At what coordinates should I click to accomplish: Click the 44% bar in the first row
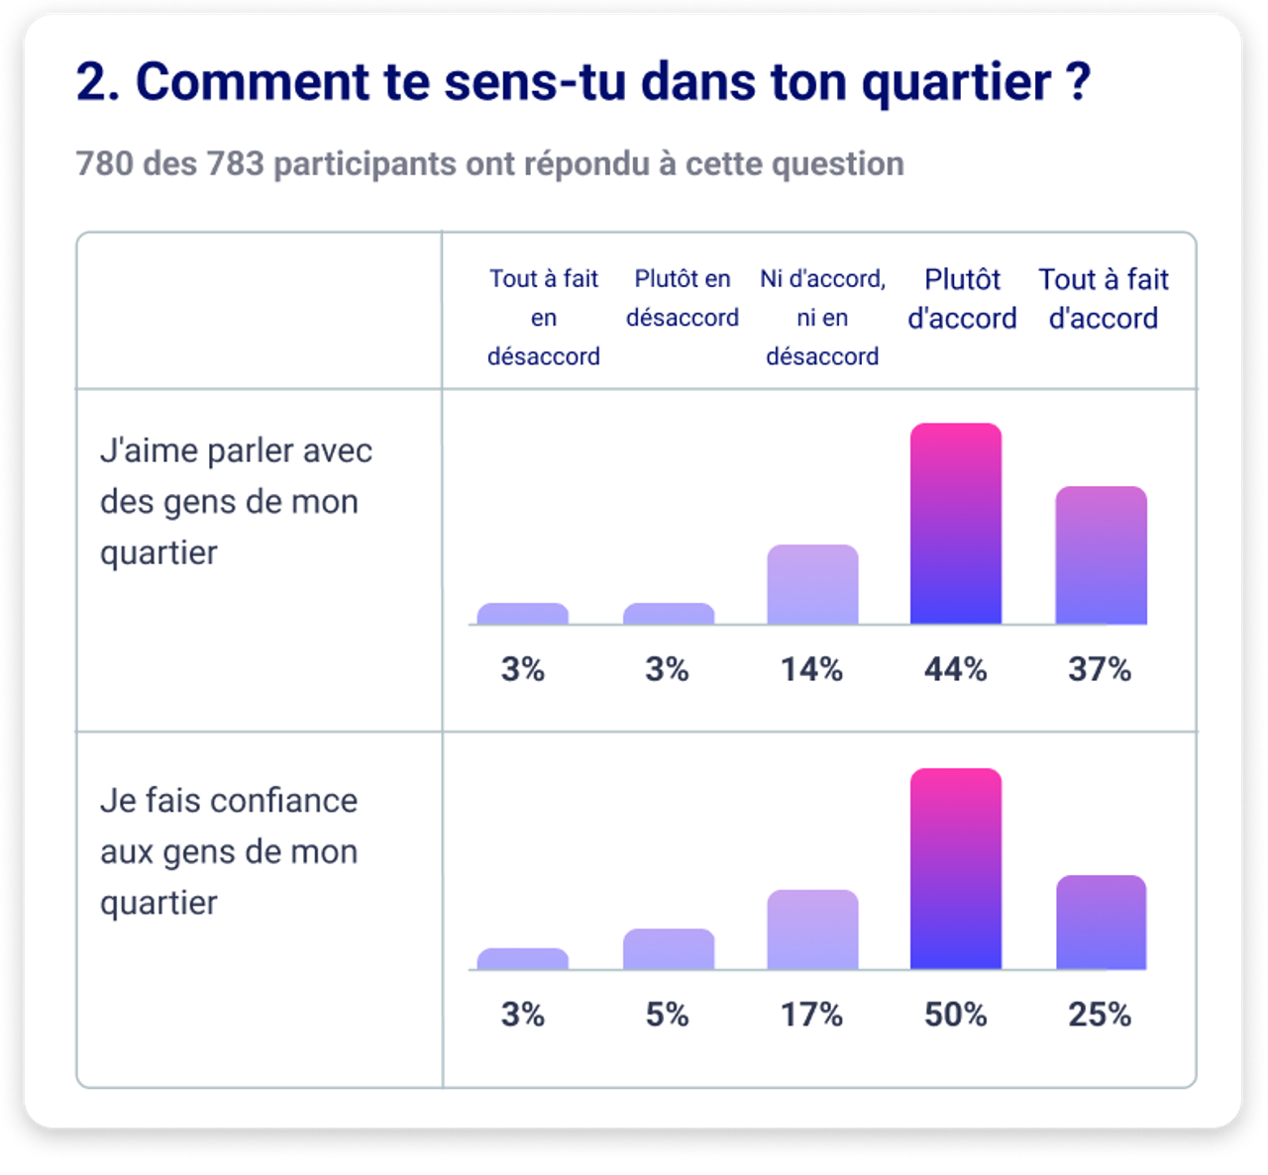pyautogui.click(x=955, y=524)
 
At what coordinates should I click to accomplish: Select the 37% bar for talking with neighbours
pyautogui.click(x=1101, y=555)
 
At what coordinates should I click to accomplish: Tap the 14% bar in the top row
pyautogui.click(x=812, y=584)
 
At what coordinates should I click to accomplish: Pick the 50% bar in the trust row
pyautogui.click(x=955, y=869)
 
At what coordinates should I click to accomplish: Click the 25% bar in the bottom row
pyautogui.click(x=1101, y=923)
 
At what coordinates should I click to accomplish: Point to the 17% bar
pyautogui.click(x=812, y=930)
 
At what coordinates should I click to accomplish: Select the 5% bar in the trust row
pyautogui.click(x=669, y=949)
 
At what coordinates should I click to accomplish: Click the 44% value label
pyautogui.click(x=955, y=669)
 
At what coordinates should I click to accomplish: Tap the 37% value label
pyautogui.click(x=1100, y=669)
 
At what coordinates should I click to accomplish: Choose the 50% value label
pyautogui.click(x=955, y=1015)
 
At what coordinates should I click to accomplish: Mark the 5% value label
pyautogui.click(x=668, y=1015)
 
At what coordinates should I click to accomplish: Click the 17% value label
pyautogui.click(x=811, y=1015)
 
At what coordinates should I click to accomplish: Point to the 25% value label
pyautogui.click(x=1100, y=1015)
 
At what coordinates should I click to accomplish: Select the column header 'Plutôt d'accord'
pyautogui.click(x=962, y=299)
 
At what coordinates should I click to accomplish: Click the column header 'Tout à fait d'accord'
pyautogui.click(x=1104, y=299)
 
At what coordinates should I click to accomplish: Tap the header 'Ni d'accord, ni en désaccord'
pyautogui.click(x=822, y=317)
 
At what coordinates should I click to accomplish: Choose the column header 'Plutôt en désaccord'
pyautogui.click(x=682, y=298)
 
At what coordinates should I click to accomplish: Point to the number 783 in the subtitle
pyautogui.click(x=235, y=163)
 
